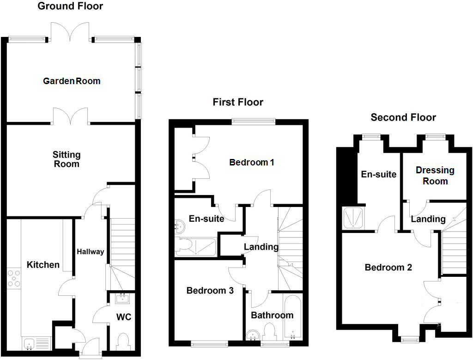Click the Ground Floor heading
pyautogui.click(x=70, y=6)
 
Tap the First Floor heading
pyautogui.click(x=238, y=102)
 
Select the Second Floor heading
pyautogui.click(x=403, y=117)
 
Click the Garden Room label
pyautogui.click(x=72, y=81)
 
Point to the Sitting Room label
pyautogui.click(x=67, y=159)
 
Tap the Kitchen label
pyautogui.click(x=43, y=265)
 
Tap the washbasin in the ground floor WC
pyautogui.click(x=123, y=299)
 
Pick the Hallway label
pyautogui.click(x=91, y=252)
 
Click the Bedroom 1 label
pyautogui.click(x=252, y=163)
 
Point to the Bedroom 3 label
pyautogui.click(x=210, y=291)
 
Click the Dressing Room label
pyautogui.click(x=435, y=176)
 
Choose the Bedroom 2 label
pyautogui.click(x=388, y=268)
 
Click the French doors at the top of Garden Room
pyautogui.click(x=71, y=32)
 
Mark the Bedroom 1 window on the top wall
pyautogui.click(x=254, y=122)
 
